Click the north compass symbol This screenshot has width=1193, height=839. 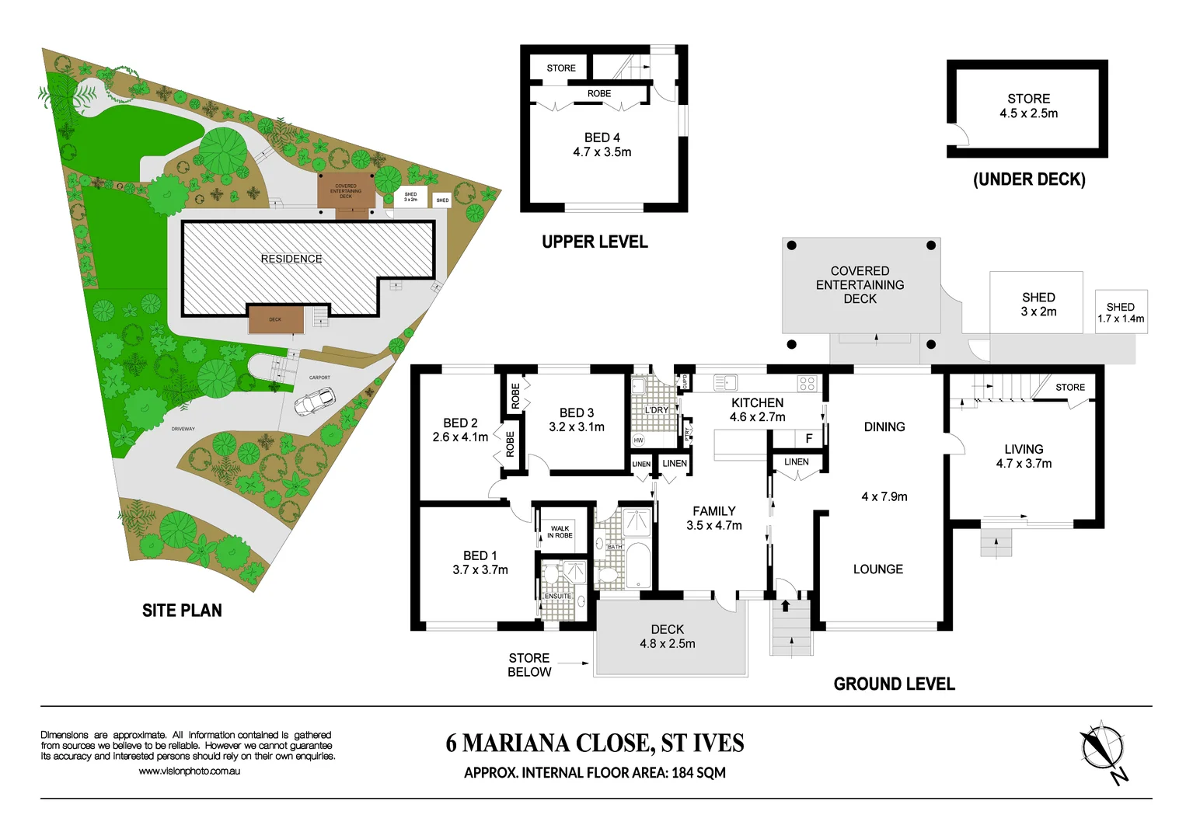pos(1103,747)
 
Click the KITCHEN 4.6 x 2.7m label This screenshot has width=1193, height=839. pos(757,409)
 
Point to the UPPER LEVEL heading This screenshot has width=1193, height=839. pos(595,242)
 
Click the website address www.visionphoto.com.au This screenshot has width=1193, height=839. pos(189,771)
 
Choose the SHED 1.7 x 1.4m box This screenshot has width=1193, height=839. pos(1121,312)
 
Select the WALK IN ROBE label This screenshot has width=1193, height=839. pos(560,532)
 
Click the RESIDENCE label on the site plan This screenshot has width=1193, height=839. pos(291,259)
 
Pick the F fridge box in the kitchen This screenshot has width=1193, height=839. pos(808,439)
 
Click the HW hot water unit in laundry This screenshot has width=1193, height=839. pos(639,440)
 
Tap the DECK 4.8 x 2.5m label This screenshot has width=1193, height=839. pos(667,636)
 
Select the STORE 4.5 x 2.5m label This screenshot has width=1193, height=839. pos(1028,106)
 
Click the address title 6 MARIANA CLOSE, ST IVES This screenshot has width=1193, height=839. pos(595,743)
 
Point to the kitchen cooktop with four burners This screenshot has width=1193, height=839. pos(807,383)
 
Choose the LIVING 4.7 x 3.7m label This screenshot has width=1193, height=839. pos(1024,456)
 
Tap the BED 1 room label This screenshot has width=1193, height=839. pos(480,562)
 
